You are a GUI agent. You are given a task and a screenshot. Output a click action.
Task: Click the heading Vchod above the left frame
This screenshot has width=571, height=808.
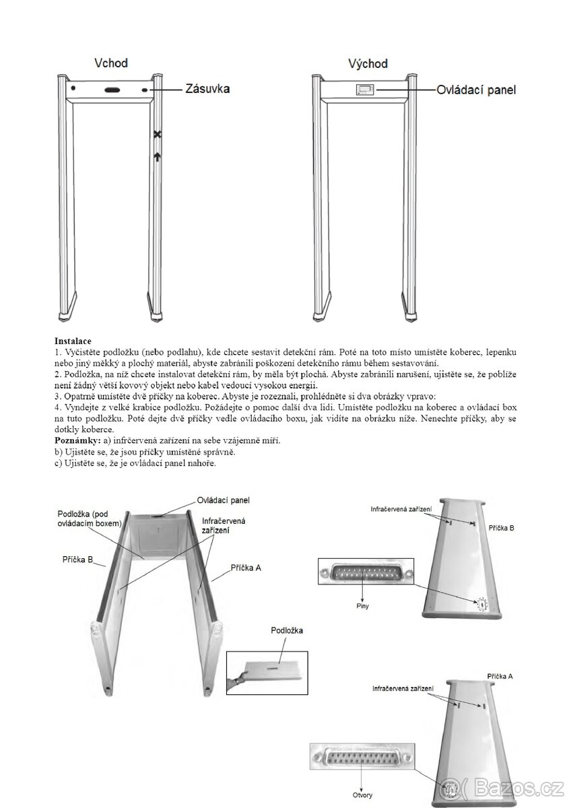111,63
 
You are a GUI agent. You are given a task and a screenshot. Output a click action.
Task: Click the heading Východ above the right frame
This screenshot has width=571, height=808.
368,64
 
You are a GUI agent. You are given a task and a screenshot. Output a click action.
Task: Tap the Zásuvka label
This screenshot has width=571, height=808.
207,89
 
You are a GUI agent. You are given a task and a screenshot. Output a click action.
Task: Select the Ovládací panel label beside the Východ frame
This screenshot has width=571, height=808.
476,90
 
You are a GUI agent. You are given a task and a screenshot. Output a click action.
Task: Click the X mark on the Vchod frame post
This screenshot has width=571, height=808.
157,135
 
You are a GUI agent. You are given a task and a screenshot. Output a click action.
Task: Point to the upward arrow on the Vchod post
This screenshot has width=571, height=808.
157,157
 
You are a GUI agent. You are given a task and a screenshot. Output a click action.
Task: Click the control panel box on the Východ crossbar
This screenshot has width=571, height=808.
364,90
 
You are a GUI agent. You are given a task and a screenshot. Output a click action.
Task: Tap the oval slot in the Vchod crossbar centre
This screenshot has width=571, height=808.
112,90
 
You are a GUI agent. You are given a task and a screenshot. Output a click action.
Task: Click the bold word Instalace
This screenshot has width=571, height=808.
73,342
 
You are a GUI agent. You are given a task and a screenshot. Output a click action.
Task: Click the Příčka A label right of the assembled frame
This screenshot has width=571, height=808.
246,568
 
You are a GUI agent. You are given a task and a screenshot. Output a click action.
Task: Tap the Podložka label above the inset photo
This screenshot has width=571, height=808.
287,630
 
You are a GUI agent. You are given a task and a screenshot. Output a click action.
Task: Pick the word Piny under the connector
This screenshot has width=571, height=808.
362,606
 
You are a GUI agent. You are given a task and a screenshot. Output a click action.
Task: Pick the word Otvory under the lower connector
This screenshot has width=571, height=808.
362,793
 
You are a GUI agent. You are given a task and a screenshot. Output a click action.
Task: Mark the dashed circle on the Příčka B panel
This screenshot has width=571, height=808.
482,605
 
